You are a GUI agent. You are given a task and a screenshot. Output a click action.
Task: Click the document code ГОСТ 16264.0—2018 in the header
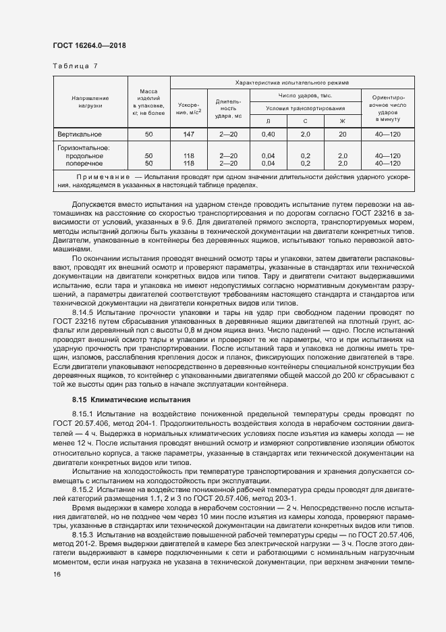tap(89, 45)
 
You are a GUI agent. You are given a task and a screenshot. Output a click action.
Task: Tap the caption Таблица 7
tap(75, 66)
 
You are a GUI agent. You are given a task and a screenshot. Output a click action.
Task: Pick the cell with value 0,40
tap(268, 135)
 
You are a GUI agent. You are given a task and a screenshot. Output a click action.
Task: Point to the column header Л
tap(268, 120)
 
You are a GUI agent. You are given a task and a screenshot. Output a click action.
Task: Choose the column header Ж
tap(342, 120)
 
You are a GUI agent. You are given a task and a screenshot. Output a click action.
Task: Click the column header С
tap(305, 120)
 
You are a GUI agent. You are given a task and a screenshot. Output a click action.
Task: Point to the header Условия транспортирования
tap(305, 107)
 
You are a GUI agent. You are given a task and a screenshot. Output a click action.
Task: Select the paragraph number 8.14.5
tap(84, 314)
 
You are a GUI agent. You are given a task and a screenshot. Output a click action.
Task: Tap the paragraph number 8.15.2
tap(84, 488)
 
